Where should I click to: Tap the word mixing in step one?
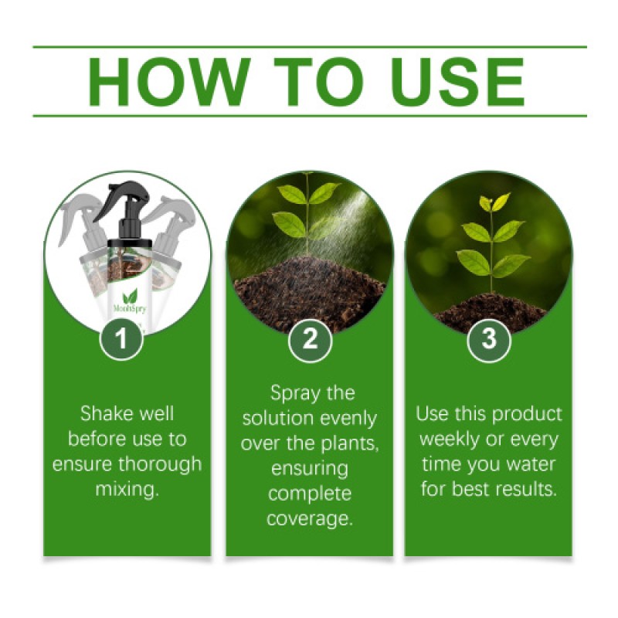[127, 489]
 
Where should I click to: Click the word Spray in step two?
[293, 393]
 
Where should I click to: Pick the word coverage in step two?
[310, 518]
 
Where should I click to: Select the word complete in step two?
[310, 494]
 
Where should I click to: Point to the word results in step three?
[525, 489]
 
